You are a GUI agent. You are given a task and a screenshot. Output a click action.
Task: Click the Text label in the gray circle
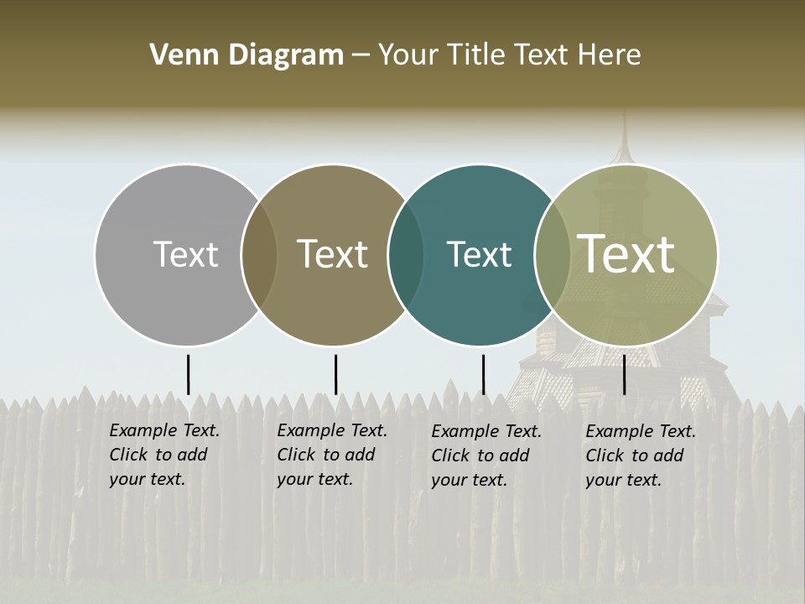pos(185,254)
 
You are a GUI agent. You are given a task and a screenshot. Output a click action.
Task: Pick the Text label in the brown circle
pos(332,254)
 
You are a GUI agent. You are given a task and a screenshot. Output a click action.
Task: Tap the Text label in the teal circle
pos(479,254)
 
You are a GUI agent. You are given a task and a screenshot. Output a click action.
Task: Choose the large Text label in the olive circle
pos(626,253)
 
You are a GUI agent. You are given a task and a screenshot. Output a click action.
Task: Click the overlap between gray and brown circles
pos(259,254)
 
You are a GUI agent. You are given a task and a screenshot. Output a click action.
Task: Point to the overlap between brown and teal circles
pos(406,254)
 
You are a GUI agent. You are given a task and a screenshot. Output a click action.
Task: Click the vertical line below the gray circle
pos(188,374)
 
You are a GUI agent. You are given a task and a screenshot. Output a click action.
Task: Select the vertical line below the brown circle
pos(335,374)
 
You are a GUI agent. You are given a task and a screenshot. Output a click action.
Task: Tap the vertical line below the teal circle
pos(483,374)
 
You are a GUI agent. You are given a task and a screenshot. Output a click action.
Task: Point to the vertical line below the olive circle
pos(624,374)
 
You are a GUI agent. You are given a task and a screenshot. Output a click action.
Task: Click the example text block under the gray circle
pos(164,455)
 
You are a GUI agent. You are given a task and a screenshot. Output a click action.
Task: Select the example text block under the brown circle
pos(331,455)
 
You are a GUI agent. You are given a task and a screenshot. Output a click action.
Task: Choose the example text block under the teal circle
pos(486,456)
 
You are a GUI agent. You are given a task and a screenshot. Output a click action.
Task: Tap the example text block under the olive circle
pos(640,456)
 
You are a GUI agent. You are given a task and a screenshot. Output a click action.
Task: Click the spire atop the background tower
pos(623,138)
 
